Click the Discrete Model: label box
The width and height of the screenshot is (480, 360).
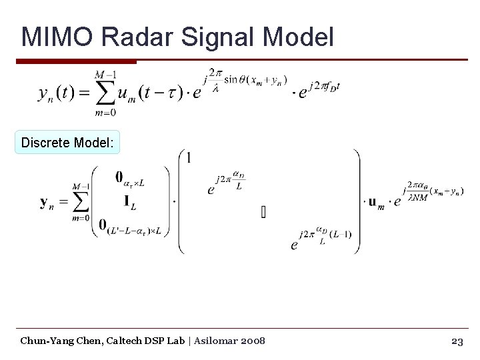(x=67, y=143)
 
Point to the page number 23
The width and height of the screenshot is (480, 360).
(x=457, y=341)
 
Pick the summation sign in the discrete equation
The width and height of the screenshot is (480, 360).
(x=80, y=202)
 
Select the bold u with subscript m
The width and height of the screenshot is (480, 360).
(x=377, y=202)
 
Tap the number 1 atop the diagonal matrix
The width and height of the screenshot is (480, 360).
(x=189, y=157)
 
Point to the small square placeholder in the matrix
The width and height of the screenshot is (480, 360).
(x=263, y=213)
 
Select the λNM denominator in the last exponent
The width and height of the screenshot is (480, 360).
(x=418, y=197)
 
